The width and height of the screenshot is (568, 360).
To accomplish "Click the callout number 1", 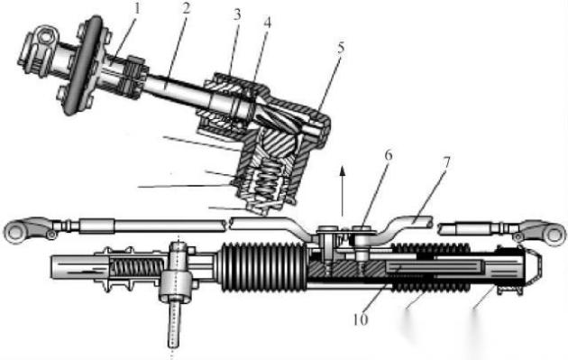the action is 136,9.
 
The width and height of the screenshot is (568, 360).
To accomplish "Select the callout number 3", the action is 237,14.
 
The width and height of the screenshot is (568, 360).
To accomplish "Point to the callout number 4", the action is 268,23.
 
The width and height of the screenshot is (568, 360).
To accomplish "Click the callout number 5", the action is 341,48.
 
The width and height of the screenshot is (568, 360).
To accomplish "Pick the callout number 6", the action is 388,155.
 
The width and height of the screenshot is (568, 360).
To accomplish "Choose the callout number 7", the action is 446,162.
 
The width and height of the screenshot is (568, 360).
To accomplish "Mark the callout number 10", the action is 361,319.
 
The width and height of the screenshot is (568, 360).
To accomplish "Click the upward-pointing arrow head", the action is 342,171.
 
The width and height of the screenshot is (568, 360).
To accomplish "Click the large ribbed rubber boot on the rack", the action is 262,267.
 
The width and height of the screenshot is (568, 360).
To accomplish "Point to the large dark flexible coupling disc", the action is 83,65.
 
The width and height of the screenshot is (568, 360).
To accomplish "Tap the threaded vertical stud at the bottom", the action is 174,325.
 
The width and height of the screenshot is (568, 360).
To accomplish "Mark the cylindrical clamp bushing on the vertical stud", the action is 176,286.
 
